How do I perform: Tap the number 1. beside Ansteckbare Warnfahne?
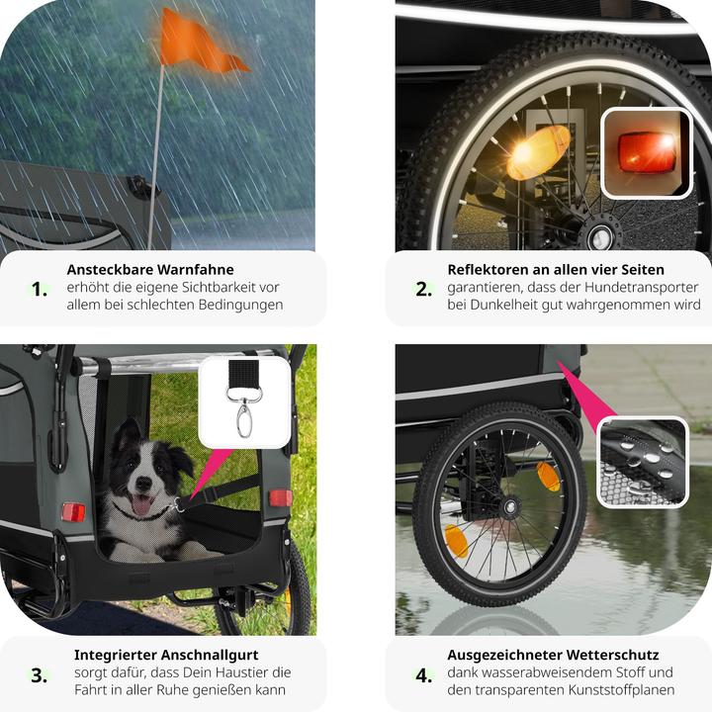point(40,289)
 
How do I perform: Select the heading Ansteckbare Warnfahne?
point(150,269)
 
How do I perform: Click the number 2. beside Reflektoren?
point(423,289)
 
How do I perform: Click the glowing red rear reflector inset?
point(647,152)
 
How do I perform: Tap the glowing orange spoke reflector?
point(538,152)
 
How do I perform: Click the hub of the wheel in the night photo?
point(601,236)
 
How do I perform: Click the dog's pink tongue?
point(141,504)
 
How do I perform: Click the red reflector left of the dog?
point(73,512)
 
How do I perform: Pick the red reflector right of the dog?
point(281,498)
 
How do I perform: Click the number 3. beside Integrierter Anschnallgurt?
point(39,675)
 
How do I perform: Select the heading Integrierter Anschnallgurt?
point(166,655)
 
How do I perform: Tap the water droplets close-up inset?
point(643,462)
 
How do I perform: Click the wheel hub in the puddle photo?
point(511,506)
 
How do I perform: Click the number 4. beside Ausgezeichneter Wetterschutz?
point(423,675)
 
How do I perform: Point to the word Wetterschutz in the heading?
point(612,655)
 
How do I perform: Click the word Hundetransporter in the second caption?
point(641,288)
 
